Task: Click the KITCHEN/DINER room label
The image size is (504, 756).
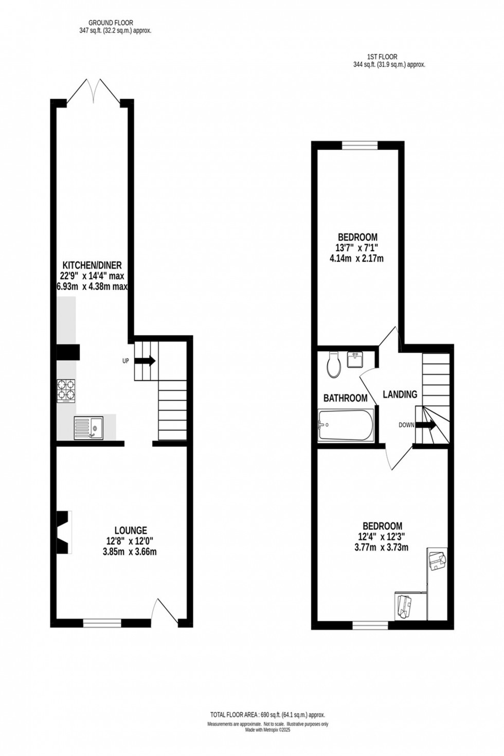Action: (90, 265)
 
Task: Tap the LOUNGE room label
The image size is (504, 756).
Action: (131, 530)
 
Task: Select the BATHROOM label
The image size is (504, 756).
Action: (345, 398)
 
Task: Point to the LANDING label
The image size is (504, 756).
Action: (400, 394)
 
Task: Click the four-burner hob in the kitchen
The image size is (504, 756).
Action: (66, 389)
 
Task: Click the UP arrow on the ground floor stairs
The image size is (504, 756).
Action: (145, 361)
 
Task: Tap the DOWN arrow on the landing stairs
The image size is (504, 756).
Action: (425, 425)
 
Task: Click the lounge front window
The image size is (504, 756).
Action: (102, 623)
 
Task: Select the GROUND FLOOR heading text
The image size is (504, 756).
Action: (111, 23)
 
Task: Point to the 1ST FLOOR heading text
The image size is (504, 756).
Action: (382, 57)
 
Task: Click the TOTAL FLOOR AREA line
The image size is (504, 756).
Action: (267, 715)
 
